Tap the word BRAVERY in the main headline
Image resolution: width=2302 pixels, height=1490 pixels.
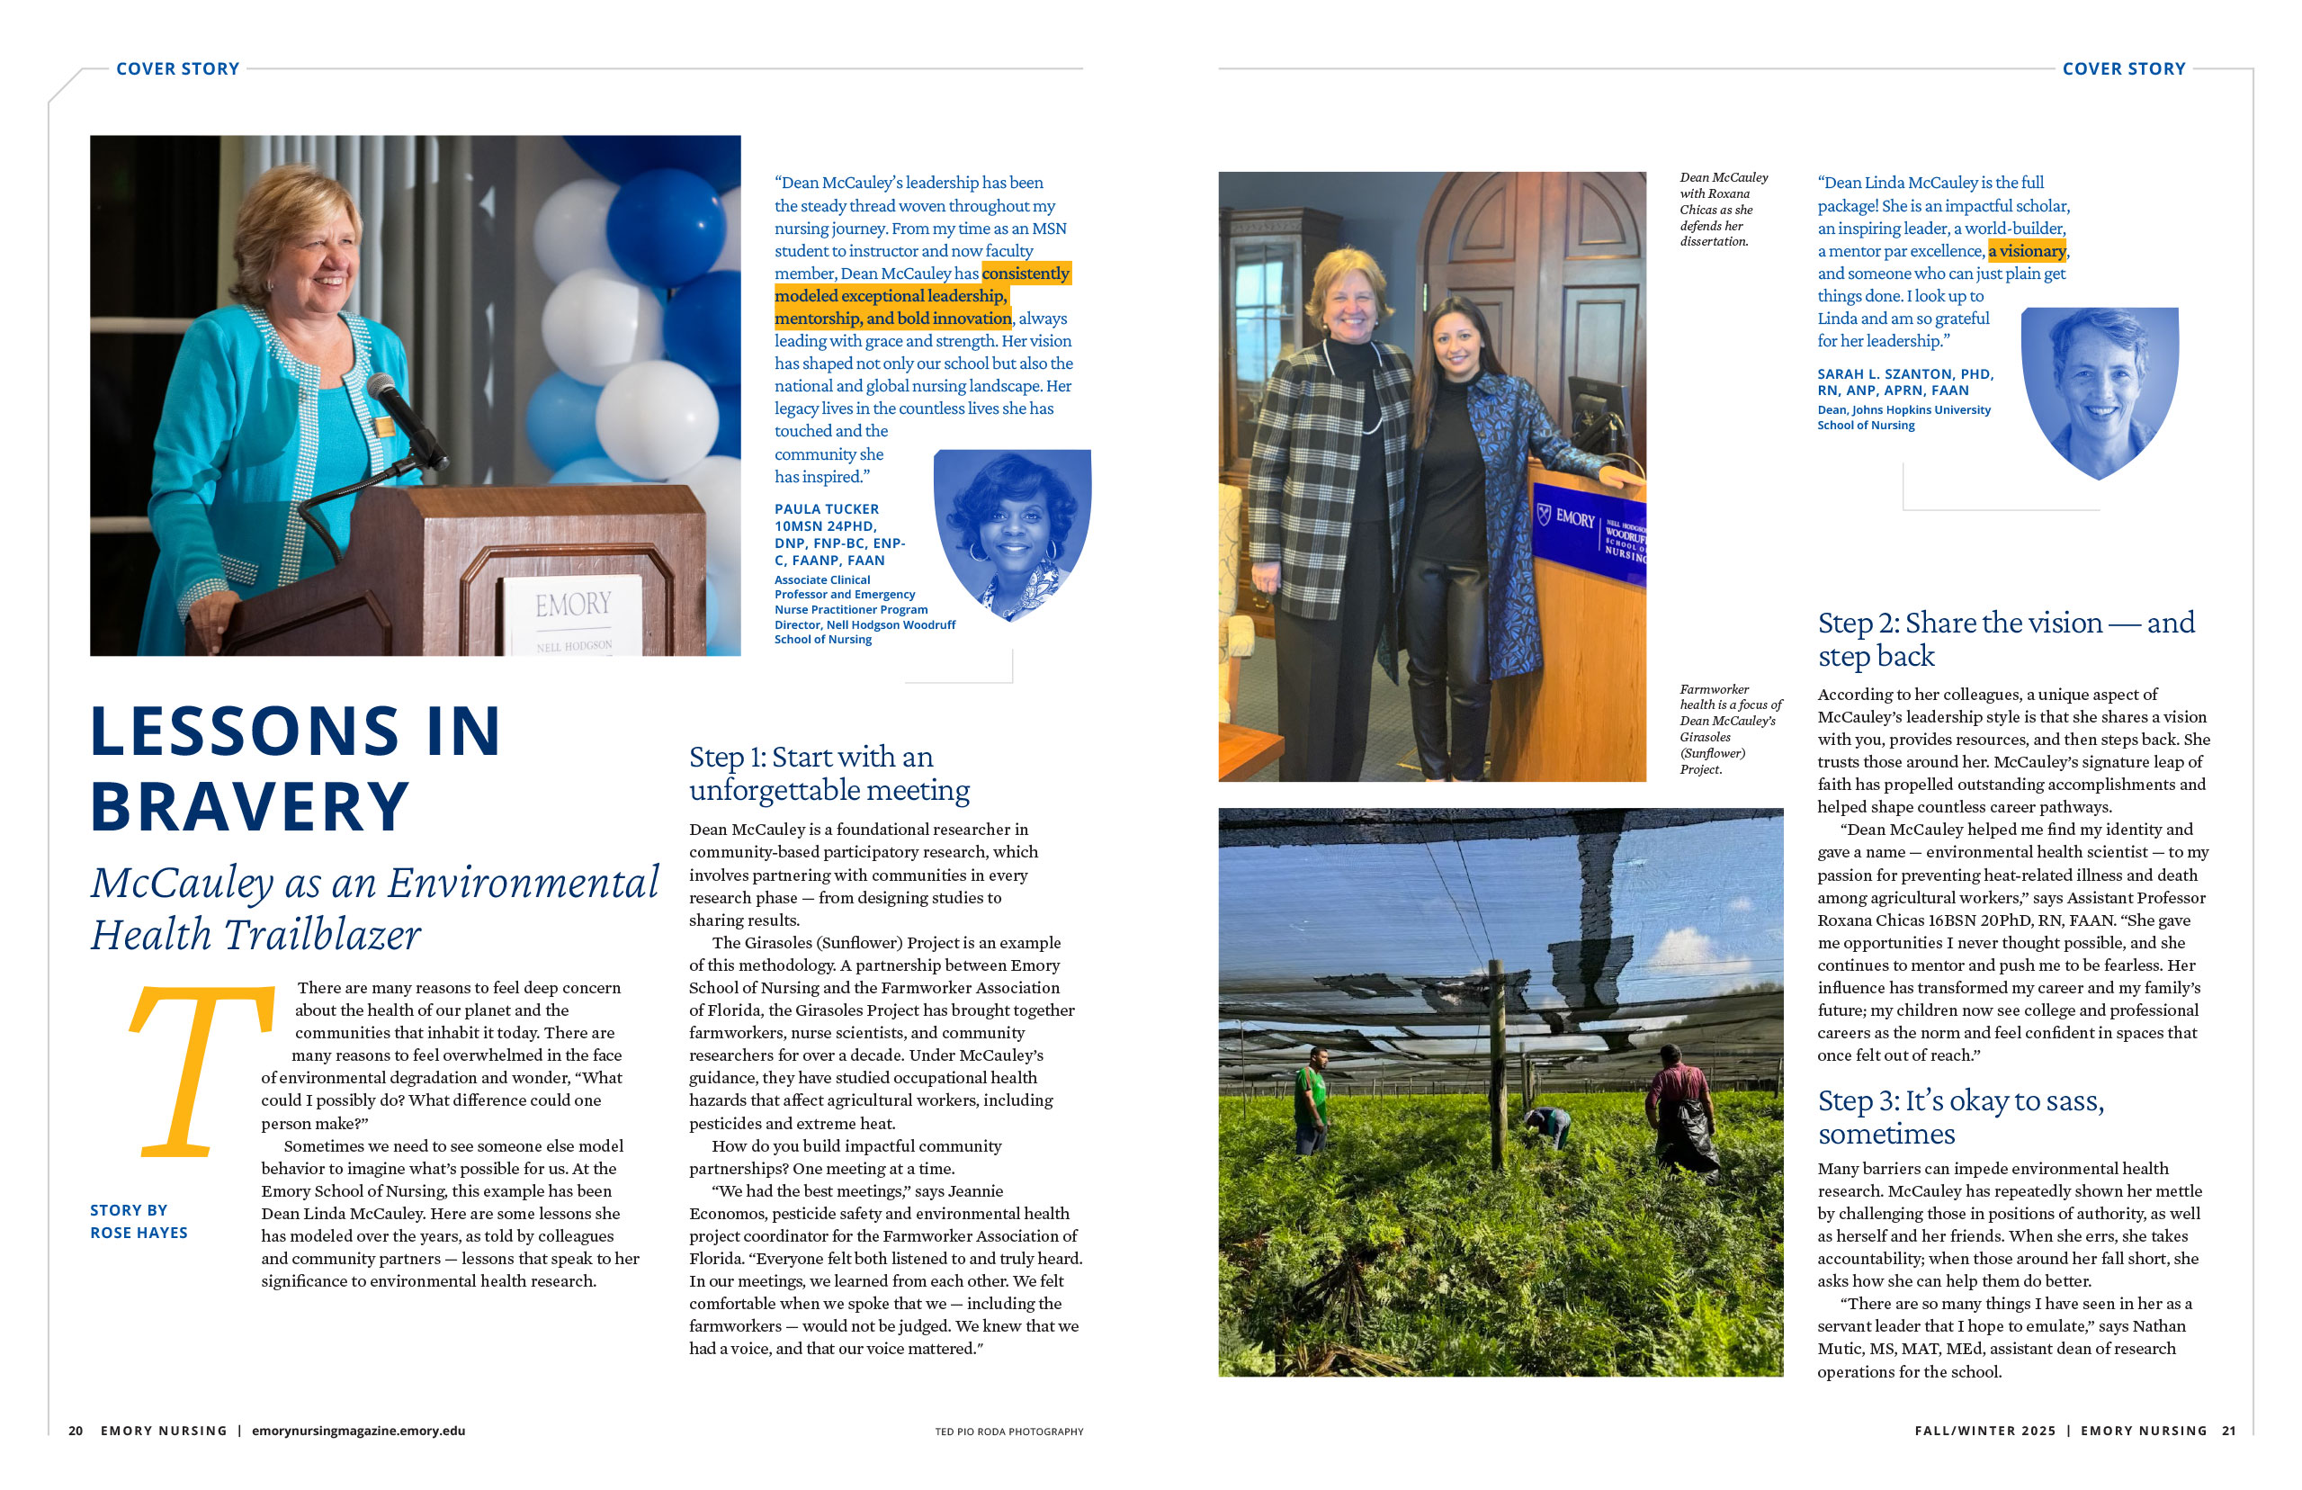[x=249, y=806]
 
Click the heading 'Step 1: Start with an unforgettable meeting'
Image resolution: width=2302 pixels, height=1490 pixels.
[x=829, y=773]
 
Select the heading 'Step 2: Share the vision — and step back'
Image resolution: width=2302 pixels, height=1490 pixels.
[x=2005, y=639]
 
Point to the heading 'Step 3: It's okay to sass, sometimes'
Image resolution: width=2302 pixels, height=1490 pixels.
[x=1959, y=1117]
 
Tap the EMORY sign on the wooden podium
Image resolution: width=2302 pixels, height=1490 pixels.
[x=574, y=605]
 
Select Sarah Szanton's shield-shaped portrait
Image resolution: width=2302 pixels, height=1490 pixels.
[x=2099, y=387]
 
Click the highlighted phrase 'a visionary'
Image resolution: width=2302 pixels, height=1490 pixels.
[x=2027, y=252]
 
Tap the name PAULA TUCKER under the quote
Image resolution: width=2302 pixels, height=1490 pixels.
[x=826, y=509]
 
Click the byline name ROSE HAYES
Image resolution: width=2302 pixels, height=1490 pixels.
[x=139, y=1233]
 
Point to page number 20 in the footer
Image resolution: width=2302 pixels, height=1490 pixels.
[x=76, y=1430]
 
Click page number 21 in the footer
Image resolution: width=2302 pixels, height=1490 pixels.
[x=2228, y=1430]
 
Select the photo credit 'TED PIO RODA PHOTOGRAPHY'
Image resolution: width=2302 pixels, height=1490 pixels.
[x=1008, y=1431]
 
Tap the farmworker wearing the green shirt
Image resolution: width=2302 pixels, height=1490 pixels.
[x=1310, y=1098]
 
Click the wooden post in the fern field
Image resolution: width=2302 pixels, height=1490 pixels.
[x=1497, y=1064]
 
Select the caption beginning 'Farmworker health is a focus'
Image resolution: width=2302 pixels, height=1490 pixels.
[x=1729, y=729]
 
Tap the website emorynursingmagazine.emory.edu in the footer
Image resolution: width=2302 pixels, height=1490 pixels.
[x=358, y=1430]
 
